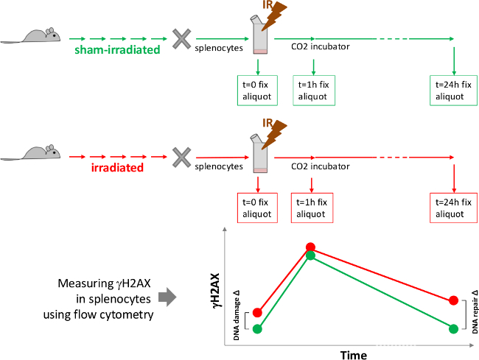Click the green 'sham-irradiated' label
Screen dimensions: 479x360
pos(117,49)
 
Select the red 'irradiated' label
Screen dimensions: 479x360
pos(117,168)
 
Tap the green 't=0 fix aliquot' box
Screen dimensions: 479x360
pos(257,91)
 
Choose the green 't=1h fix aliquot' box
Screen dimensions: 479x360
pos(314,91)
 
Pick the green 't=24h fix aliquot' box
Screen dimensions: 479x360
pos(454,91)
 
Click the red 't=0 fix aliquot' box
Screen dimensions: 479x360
pos(257,208)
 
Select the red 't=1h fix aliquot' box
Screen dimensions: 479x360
pos(312,208)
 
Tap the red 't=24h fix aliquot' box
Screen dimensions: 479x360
pos(454,208)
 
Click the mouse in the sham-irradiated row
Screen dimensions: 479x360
pos(30,35)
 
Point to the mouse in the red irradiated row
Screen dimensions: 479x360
pos(30,153)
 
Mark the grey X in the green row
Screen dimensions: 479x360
pos(182,39)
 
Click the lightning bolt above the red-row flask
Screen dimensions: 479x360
pos(274,134)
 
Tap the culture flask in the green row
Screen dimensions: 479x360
pos(259,35)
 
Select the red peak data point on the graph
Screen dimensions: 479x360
pos(310,247)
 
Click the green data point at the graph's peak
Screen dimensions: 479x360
pos(310,255)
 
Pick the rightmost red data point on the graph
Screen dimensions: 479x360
pos(454,300)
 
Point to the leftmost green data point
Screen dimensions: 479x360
pos(257,329)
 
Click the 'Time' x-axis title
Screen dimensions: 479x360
pos(354,355)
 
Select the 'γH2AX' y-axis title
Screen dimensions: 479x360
pos(216,291)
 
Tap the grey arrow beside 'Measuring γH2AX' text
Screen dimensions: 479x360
pos(167,297)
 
